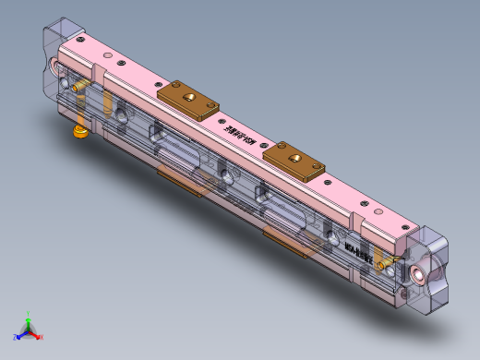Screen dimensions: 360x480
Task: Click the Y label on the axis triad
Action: [29, 312]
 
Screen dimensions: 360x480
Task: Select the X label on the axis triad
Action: [42, 337]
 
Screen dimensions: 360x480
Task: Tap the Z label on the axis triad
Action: [16, 337]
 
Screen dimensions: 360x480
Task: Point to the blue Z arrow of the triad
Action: [22, 332]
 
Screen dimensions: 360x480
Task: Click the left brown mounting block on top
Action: [187, 99]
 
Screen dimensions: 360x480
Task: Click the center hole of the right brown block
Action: [295, 158]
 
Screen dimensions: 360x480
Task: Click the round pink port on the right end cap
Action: [426, 274]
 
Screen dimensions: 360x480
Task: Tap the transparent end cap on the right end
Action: [426, 268]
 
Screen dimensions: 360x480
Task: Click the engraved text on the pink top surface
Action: [241, 132]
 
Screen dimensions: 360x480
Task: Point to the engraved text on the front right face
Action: [359, 254]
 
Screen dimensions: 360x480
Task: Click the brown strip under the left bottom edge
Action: [179, 181]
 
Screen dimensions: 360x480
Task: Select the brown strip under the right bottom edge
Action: [286, 242]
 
